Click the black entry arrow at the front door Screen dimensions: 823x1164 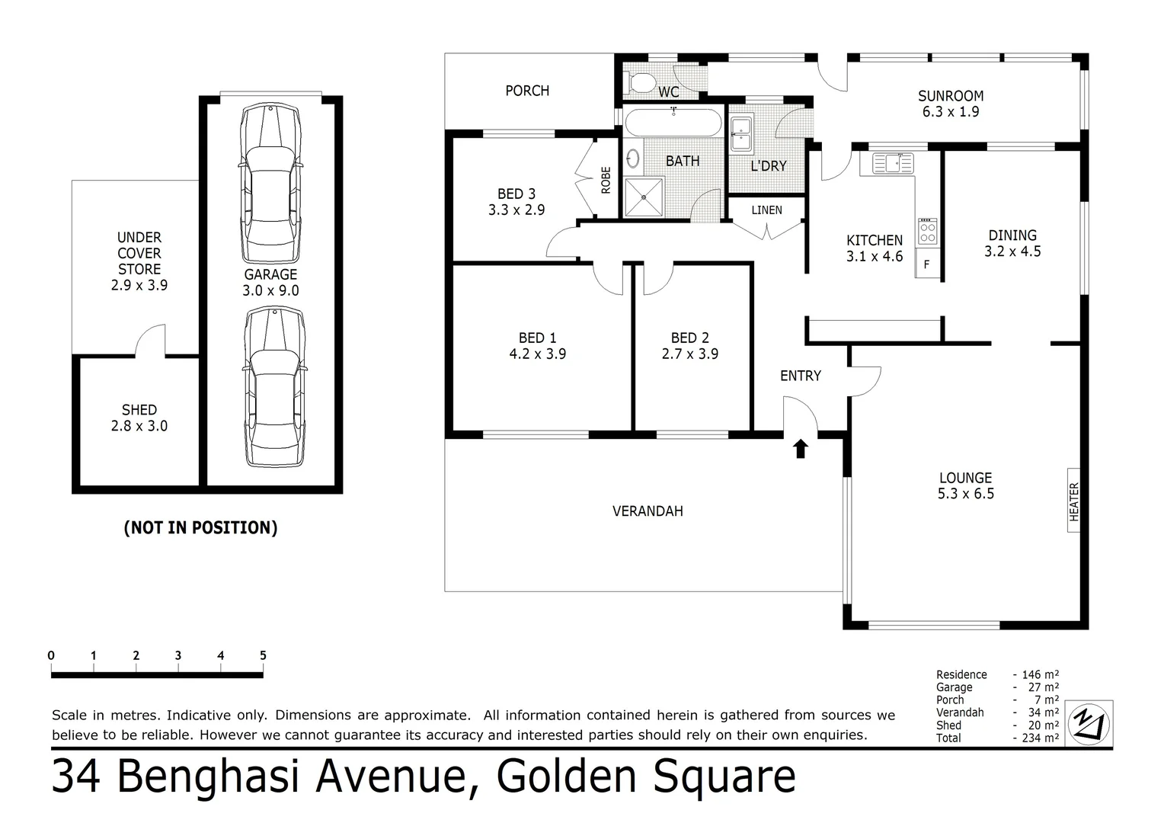pos(800,449)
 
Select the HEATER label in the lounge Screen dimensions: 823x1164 pos(1074,501)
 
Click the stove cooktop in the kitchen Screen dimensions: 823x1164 pos(927,231)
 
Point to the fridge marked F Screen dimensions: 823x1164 pos(927,264)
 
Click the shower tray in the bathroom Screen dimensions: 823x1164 pos(644,197)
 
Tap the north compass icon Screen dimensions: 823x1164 pos(1089,722)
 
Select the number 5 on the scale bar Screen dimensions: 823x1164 pos(263,655)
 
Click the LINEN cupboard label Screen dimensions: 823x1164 pos(766,210)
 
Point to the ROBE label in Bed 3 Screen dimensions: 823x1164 pos(606,180)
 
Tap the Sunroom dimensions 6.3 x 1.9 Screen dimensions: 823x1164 pos(950,112)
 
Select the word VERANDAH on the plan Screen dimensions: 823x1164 pos(648,511)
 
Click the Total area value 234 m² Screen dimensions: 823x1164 pos(1041,738)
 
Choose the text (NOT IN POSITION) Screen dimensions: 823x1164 pos(200,528)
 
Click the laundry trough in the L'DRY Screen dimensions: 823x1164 pos(740,134)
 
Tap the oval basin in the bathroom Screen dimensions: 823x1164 pos(632,159)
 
